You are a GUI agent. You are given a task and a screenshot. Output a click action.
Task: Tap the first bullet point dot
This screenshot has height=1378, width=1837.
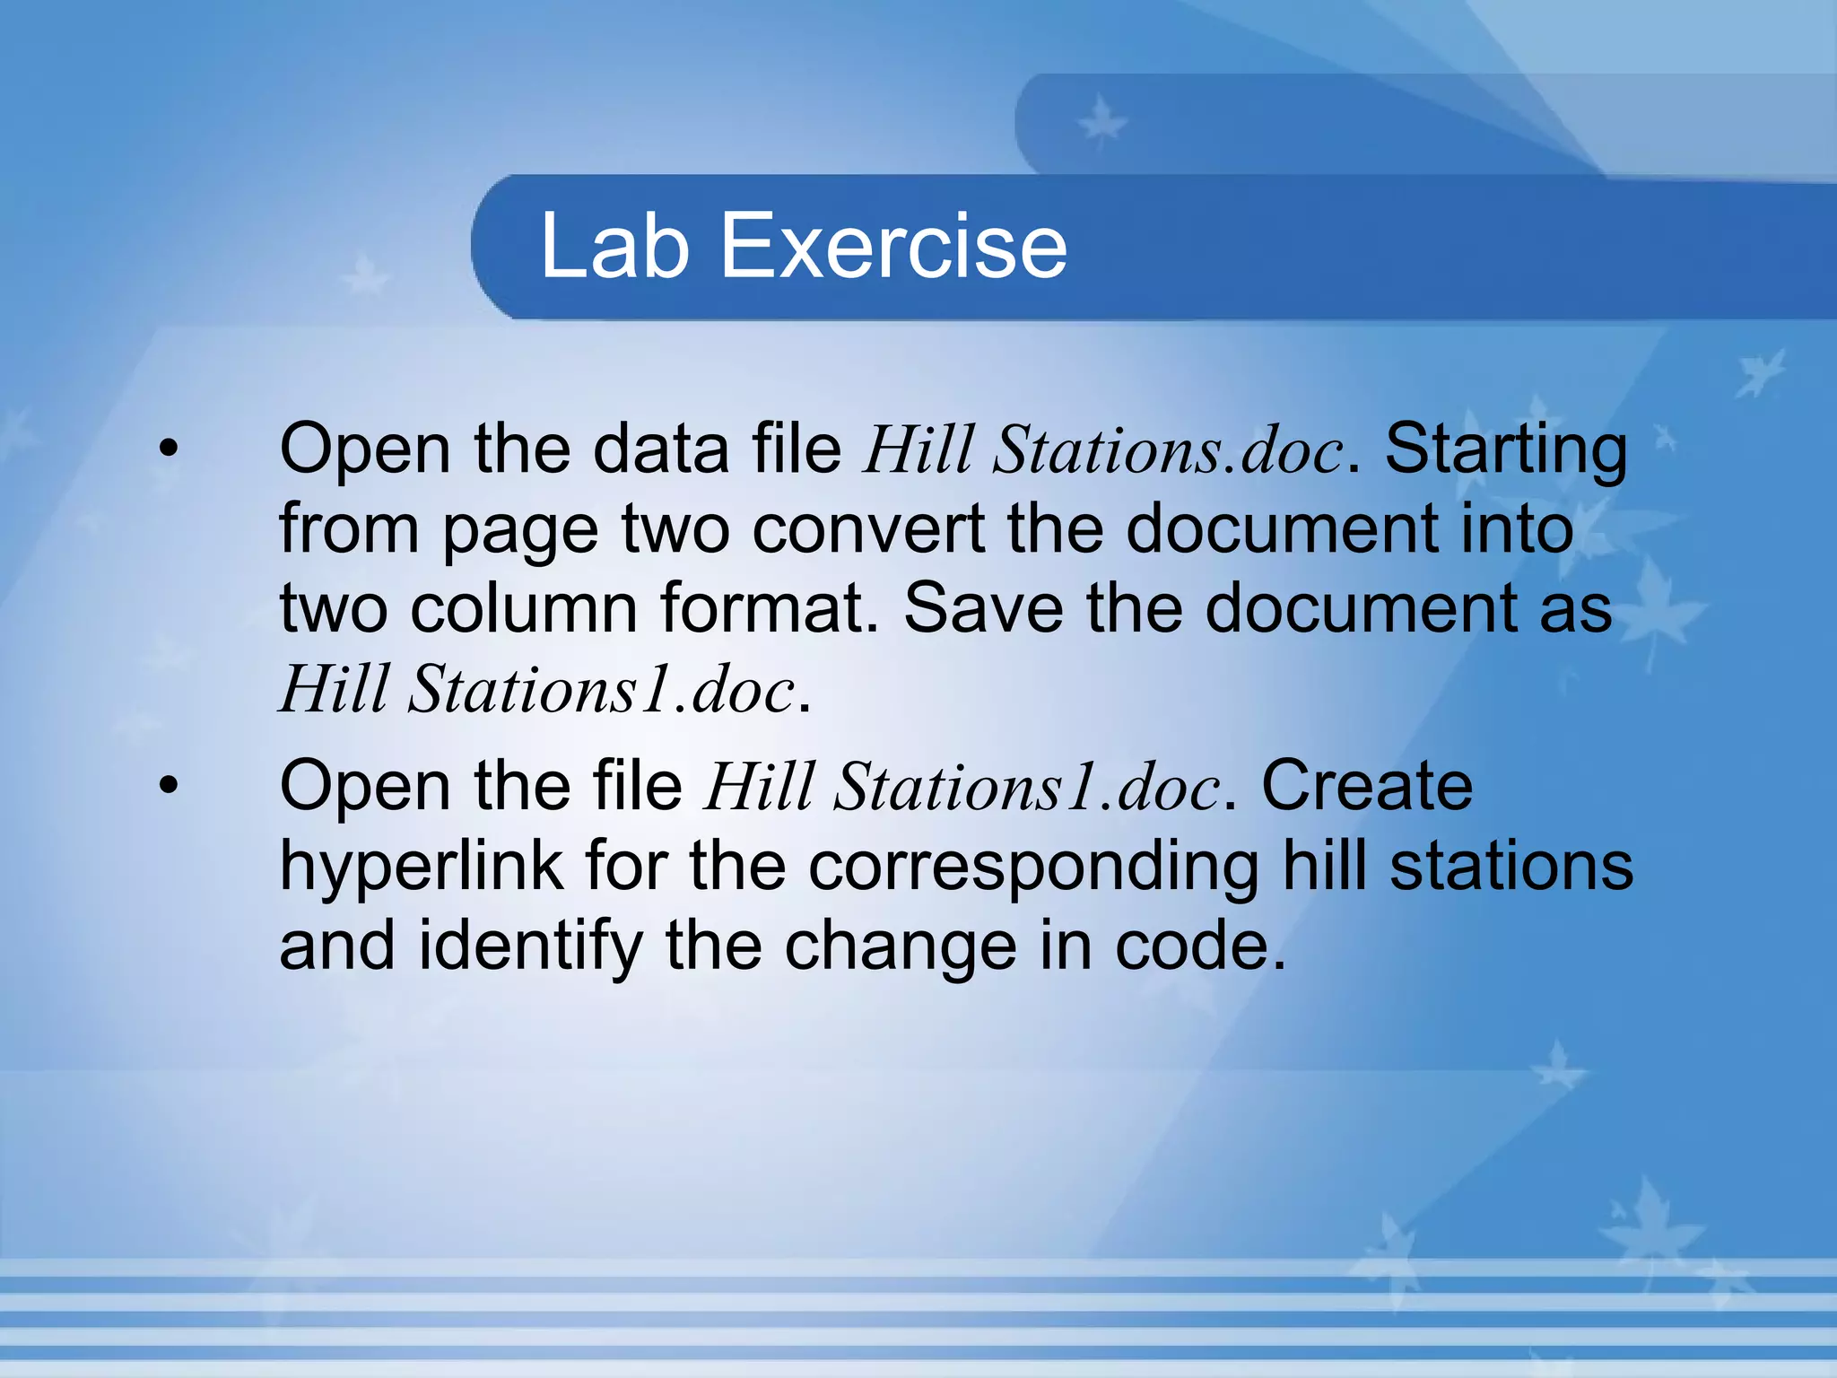tap(169, 449)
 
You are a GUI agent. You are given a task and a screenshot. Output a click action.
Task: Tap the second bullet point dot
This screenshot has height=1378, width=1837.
tap(169, 786)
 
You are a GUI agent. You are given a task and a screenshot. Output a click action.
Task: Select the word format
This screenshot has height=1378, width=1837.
tap(770, 607)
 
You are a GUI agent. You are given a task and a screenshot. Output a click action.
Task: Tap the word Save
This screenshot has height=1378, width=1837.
tap(983, 607)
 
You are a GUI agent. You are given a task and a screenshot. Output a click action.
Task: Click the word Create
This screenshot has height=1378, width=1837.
tap(1367, 786)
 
